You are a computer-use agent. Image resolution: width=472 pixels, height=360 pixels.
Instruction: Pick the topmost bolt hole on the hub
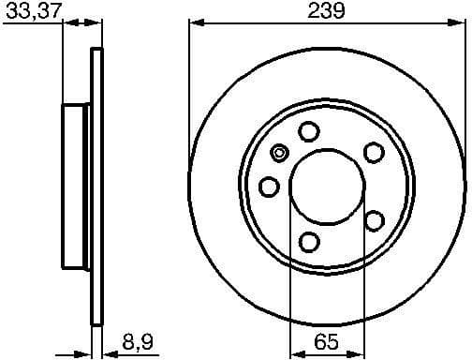coord(308,132)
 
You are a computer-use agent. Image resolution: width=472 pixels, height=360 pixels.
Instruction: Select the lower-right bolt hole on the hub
coord(374,220)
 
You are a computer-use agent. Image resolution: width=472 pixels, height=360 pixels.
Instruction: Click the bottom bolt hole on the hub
coord(308,242)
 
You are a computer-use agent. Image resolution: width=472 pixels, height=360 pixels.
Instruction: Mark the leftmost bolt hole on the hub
coord(269,187)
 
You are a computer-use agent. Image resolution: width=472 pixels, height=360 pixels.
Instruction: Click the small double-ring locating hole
coord(278,155)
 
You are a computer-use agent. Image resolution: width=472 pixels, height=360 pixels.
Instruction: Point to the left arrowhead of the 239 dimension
coord(194,24)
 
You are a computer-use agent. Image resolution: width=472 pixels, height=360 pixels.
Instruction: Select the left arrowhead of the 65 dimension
coord(294,351)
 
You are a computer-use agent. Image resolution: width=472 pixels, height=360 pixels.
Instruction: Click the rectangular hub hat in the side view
coord(76,187)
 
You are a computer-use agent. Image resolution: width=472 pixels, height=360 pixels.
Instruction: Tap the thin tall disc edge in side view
coord(95,187)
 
